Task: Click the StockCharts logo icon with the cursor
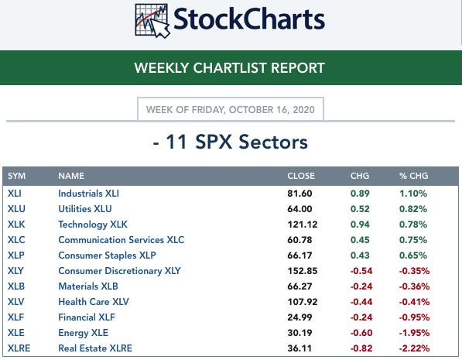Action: coord(152,21)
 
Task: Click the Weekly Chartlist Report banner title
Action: coord(230,68)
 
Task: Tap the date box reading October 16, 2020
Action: coord(231,109)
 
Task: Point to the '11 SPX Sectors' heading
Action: coord(231,142)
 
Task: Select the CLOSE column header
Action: coord(301,176)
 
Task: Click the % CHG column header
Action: coord(413,176)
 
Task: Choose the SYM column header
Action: coord(16,176)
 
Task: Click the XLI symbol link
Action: coord(15,194)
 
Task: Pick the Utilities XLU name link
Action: coord(85,209)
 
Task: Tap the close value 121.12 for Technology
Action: coord(303,225)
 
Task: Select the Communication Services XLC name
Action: coord(121,240)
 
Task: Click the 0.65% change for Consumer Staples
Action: coord(413,255)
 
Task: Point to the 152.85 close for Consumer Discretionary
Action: coord(303,271)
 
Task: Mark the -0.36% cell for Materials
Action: coord(414,286)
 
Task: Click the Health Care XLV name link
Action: coord(94,302)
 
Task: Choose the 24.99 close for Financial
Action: coord(299,317)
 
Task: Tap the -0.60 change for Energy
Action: coord(361,333)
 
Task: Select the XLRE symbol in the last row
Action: coord(19,348)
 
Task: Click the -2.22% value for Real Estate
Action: coord(414,348)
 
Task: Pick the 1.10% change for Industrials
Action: coord(413,194)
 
